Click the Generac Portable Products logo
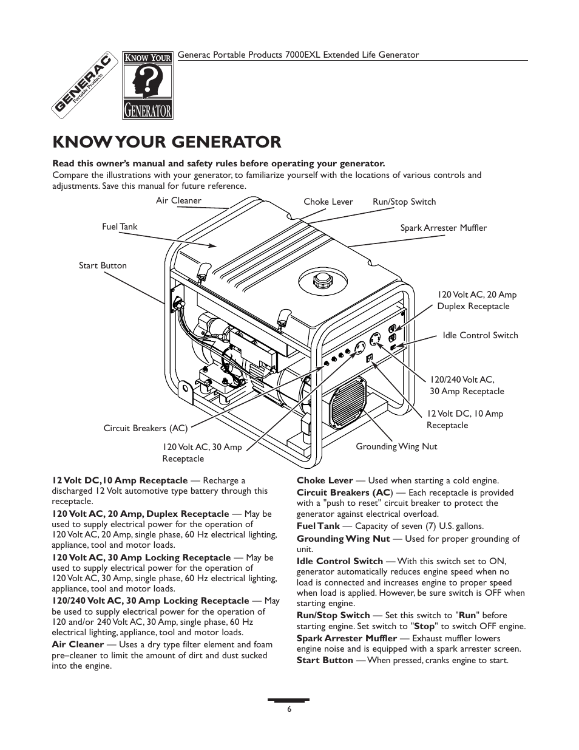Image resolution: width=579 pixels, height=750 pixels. coord(84,84)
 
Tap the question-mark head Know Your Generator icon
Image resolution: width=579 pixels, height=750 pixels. coord(147,84)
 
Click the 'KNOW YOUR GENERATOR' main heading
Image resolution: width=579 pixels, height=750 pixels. coord(167,142)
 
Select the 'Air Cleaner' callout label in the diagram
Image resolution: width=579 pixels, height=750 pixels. coord(178,201)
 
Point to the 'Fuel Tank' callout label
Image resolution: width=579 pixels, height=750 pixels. coord(120,227)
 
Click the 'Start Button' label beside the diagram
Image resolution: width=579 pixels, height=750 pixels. coord(103,265)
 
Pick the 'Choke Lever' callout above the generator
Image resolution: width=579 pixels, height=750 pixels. coord(328,202)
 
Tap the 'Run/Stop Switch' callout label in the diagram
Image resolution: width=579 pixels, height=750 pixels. coord(404,202)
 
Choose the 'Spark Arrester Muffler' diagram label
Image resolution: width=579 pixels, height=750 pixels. coord(443,228)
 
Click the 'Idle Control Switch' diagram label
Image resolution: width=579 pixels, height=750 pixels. coord(480,335)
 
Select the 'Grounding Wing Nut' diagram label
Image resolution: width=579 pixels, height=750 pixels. coord(396,446)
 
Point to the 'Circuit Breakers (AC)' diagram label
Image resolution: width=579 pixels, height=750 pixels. coord(145,428)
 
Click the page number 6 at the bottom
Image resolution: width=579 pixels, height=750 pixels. coord(289,709)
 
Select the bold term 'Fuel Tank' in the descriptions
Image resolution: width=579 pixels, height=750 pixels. coord(318,526)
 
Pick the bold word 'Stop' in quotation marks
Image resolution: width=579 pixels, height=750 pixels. coord(424,626)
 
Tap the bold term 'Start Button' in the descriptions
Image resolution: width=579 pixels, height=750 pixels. coord(325,660)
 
